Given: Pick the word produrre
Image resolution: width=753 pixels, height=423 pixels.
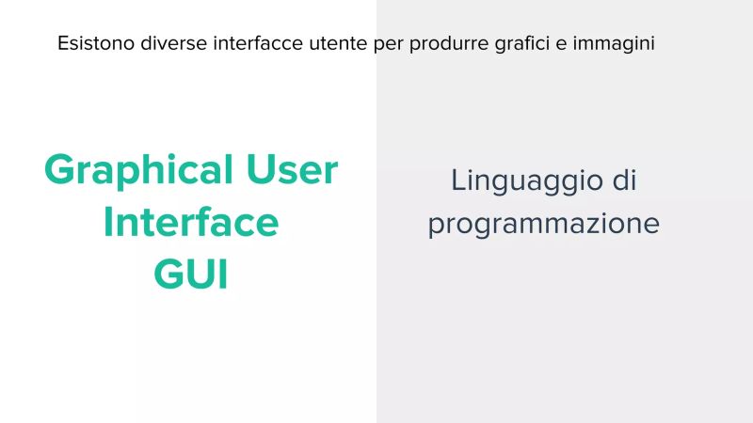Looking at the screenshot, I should point(446,43).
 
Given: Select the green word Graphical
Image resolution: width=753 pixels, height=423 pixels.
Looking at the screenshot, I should point(138,171).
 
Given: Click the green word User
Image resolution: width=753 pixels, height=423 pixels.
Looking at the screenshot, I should point(292,169).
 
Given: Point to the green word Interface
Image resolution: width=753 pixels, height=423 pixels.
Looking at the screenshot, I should point(191,223).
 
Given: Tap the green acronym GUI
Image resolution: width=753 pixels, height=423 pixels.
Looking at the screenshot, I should point(191,275).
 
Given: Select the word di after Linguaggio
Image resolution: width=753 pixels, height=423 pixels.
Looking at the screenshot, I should point(621,180).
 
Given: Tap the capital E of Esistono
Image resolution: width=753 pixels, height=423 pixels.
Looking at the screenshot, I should point(62,43).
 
